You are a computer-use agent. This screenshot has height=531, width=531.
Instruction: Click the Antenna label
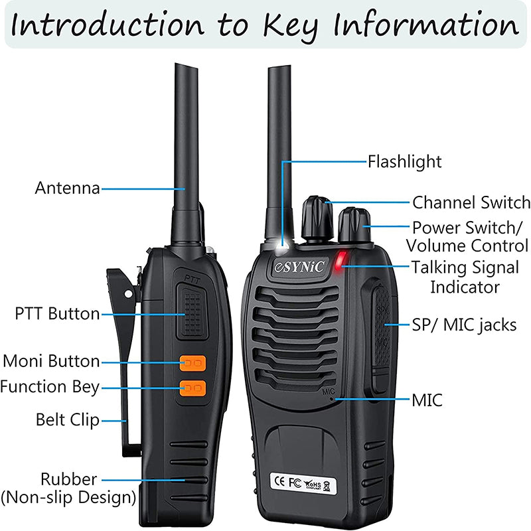point(67,189)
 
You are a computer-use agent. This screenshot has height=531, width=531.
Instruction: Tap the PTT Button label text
point(57,313)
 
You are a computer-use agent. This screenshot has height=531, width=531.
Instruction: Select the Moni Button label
point(51,362)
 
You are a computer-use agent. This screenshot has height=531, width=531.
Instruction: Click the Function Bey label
point(50,386)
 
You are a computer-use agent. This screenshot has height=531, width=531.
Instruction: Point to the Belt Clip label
point(67,419)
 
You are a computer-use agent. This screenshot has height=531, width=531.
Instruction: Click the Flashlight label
point(405,161)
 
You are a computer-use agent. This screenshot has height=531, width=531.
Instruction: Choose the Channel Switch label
point(471,202)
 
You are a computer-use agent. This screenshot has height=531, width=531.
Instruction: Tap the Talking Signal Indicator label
point(465,277)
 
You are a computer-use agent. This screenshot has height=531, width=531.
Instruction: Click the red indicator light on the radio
point(341,261)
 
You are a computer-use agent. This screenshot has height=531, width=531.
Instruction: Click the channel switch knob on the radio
point(318,217)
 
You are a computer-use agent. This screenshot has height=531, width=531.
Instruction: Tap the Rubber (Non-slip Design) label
point(69,487)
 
